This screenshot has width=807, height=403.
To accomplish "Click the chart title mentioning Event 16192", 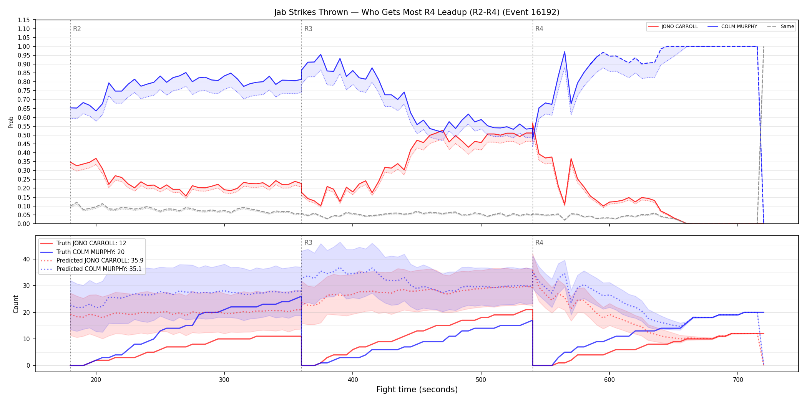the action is click(x=417, y=12).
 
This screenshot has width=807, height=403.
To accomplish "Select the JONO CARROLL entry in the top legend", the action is click(x=672, y=26).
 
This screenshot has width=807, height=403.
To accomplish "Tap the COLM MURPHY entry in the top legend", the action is click(x=732, y=26).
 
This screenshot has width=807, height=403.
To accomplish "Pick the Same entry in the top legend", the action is click(x=780, y=26).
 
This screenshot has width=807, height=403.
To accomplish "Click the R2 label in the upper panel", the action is click(x=77, y=29).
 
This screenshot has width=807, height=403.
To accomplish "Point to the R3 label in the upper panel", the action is click(x=308, y=29).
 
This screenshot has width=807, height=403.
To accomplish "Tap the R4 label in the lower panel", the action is click(x=539, y=243).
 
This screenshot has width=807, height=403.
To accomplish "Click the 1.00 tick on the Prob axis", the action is click(x=24, y=46).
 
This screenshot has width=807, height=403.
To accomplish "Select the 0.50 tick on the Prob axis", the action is click(x=24, y=135).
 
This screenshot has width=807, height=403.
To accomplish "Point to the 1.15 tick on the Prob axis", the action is click(x=24, y=20).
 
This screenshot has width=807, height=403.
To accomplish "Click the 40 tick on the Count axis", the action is click(x=26, y=259).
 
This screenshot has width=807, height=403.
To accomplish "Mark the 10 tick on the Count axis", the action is click(x=26, y=339).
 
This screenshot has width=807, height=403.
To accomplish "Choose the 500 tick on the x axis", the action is click(x=481, y=380).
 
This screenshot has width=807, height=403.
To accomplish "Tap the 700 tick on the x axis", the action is click(x=738, y=380).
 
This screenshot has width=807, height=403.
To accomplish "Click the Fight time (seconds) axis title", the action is click(x=417, y=390).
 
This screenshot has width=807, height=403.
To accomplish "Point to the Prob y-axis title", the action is click(x=11, y=122).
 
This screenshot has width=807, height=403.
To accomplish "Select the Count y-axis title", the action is click(x=16, y=304).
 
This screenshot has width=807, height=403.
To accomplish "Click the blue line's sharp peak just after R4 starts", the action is click(x=565, y=51).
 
